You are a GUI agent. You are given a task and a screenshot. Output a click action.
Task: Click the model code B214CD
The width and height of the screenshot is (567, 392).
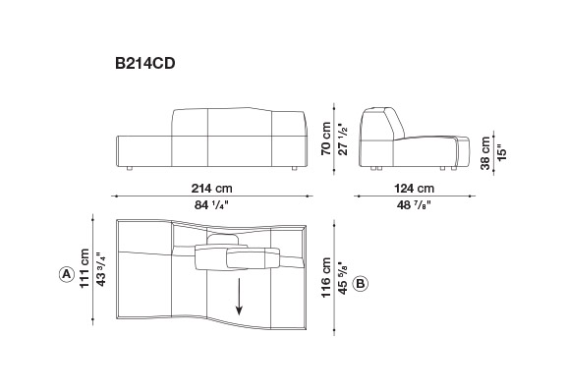145,63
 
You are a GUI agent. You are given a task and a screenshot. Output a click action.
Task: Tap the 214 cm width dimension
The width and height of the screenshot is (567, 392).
211,189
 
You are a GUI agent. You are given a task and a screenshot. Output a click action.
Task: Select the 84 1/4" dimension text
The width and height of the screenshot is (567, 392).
211,205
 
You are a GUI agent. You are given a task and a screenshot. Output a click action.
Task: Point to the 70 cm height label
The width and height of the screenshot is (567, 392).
326,139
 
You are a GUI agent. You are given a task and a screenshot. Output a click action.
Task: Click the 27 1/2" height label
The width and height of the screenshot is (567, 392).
342,139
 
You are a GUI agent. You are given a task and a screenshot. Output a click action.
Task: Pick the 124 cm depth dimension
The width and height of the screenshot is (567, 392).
414,189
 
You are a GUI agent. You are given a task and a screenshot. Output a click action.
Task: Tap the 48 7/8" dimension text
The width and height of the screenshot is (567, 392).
414,205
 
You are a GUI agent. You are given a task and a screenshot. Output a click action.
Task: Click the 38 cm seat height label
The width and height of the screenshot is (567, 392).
485,153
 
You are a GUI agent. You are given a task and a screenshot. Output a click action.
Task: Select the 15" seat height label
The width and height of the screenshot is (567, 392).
501,153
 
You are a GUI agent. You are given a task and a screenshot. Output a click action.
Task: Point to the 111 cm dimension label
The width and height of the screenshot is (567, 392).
85,268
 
